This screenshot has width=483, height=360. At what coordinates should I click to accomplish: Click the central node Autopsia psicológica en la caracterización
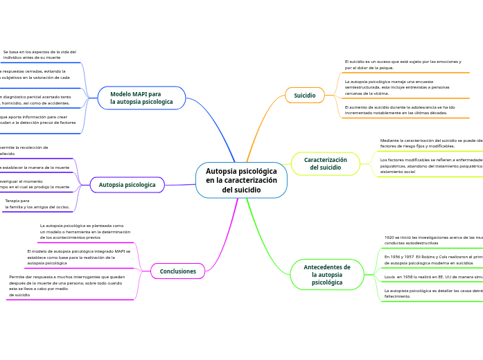(241, 181)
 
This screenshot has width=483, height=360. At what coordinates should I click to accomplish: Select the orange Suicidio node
(305, 96)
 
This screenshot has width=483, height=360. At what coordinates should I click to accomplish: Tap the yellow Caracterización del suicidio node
(325, 164)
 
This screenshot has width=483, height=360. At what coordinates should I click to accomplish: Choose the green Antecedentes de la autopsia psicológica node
(327, 275)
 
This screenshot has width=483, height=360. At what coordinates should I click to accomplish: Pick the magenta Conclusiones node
(178, 271)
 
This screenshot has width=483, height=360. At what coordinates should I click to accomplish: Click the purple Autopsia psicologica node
(128, 185)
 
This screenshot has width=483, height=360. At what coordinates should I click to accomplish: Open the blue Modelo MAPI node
(141, 98)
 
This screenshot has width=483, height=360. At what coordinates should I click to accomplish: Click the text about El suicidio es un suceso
(403, 64)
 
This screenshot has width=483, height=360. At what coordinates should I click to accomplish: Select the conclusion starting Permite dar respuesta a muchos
(67, 285)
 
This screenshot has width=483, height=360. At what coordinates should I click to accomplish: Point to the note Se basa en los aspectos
(39, 55)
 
